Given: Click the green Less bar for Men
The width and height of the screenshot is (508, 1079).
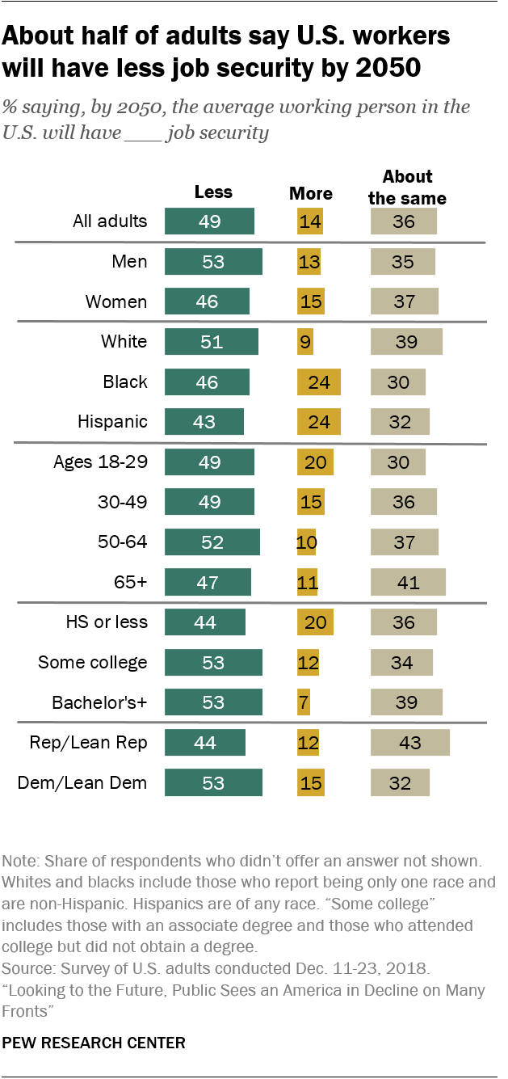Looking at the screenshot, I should tap(213, 262).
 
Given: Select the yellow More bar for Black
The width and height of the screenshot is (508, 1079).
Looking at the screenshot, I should tap(319, 381).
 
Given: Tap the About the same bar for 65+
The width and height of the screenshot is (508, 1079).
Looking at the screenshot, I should tap(408, 582).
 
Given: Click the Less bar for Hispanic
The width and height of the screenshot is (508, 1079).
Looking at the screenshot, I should tap(204, 422).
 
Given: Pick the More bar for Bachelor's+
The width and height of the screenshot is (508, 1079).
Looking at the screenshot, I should tap(304, 702).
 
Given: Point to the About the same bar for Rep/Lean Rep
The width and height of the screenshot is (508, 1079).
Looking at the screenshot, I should tap(410, 742).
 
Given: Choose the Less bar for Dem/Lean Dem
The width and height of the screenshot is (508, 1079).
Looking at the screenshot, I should tap(213, 782).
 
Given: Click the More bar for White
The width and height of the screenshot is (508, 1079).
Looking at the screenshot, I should tap(305, 342).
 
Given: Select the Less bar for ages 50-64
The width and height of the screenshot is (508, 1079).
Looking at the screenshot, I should tap(212, 542).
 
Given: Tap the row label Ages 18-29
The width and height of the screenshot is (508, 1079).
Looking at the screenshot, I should tap(100, 462).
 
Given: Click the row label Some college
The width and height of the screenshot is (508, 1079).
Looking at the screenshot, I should tap(93, 663).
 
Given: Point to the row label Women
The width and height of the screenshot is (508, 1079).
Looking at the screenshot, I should tap(117, 302).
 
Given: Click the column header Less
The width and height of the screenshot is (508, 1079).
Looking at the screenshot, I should tap(213, 192).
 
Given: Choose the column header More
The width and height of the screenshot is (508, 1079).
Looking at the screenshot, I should tap(311, 193).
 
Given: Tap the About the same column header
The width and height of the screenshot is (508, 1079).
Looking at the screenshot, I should tap(407, 187).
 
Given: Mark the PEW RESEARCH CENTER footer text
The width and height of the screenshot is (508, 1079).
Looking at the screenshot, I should tap(94, 1043).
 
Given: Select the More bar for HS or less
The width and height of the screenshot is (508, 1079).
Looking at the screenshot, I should tap(315, 622).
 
